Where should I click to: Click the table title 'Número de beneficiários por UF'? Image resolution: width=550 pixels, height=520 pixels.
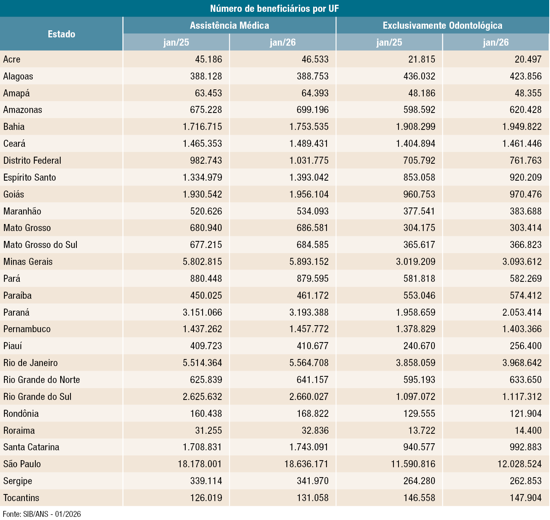(274, 9)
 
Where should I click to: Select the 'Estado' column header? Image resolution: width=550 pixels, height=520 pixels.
(61, 34)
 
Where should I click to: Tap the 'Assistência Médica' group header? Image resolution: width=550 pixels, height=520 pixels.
(229, 26)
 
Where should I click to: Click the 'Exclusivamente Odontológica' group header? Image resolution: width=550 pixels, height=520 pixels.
(442, 26)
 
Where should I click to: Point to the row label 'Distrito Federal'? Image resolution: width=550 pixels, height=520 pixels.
(32, 161)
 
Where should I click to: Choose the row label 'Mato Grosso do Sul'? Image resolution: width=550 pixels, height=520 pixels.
(40, 245)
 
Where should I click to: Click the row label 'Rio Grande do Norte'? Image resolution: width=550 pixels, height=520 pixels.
(42, 380)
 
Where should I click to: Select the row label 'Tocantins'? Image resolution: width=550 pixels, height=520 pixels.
(21, 498)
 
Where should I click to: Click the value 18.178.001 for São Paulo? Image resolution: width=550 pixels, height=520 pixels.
(200, 464)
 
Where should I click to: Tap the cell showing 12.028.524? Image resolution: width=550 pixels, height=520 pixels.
(519, 464)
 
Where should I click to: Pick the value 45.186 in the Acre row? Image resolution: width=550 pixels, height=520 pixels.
(209, 59)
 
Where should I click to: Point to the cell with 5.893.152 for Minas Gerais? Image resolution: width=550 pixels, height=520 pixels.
(309, 262)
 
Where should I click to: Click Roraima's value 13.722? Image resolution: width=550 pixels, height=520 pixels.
(422, 431)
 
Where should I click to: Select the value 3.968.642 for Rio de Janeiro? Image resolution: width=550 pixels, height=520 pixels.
(522, 363)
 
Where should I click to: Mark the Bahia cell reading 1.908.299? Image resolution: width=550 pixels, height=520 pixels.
(415, 127)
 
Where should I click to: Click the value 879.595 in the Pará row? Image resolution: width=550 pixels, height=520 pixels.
(313, 279)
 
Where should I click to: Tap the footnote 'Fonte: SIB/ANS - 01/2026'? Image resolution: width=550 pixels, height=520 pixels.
(42, 514)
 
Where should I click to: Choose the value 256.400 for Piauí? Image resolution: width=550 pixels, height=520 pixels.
(526, 346)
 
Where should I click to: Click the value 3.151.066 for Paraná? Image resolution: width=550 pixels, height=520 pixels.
(202, 313)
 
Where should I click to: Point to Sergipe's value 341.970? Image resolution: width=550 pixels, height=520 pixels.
(313, 481)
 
